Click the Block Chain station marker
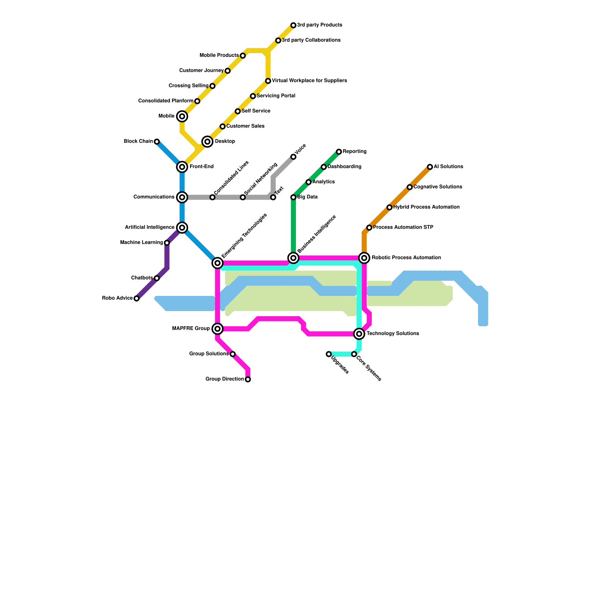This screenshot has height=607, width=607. click(157, 142)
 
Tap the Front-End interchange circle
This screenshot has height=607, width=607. click(182, 167)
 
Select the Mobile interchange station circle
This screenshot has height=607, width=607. click(182, 116)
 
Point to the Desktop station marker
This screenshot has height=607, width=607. click(207, 142)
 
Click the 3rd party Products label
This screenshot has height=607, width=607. click(319, 25)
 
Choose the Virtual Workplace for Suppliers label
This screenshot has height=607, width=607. click(310, 81)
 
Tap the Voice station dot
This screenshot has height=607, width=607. click(293, 157)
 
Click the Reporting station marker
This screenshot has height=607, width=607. click(339, 152)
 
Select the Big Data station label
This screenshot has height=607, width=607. click(307, 197)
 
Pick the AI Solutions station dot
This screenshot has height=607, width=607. click(430, 167)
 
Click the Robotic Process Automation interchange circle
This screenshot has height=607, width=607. click(364, 258)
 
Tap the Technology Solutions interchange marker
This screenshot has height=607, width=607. click(359, 334)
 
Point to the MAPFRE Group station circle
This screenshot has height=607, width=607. click(217, 329)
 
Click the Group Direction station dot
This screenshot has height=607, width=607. click(248, 379)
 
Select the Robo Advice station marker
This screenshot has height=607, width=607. click(137, 299)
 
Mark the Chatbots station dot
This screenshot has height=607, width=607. click(157, 278)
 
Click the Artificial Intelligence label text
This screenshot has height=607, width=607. click(150, 228)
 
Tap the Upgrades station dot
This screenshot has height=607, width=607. click(329, 354)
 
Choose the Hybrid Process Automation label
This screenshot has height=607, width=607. click(426, 207)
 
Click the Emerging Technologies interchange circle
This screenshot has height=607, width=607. click(217, 263)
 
